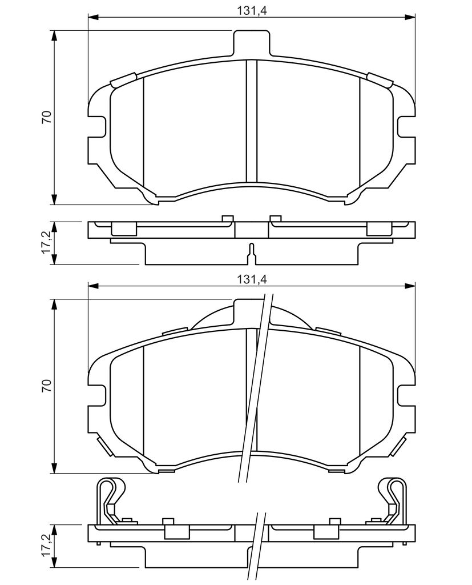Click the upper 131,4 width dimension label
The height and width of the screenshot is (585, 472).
tap(252, 10)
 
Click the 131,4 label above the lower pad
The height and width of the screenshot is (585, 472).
tap(252, 279)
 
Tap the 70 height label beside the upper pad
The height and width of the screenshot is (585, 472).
tap(47, 117)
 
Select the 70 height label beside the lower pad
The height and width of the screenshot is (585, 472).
tap(47, 386)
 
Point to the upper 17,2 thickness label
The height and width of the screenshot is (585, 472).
tap(47, 242)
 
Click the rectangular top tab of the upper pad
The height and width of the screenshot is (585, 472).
tap(251, 43)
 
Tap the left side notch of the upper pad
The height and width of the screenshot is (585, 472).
tap(97, 126)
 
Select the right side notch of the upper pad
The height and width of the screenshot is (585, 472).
tap(406, 126)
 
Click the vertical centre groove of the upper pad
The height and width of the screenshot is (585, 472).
tap(252, 121)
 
